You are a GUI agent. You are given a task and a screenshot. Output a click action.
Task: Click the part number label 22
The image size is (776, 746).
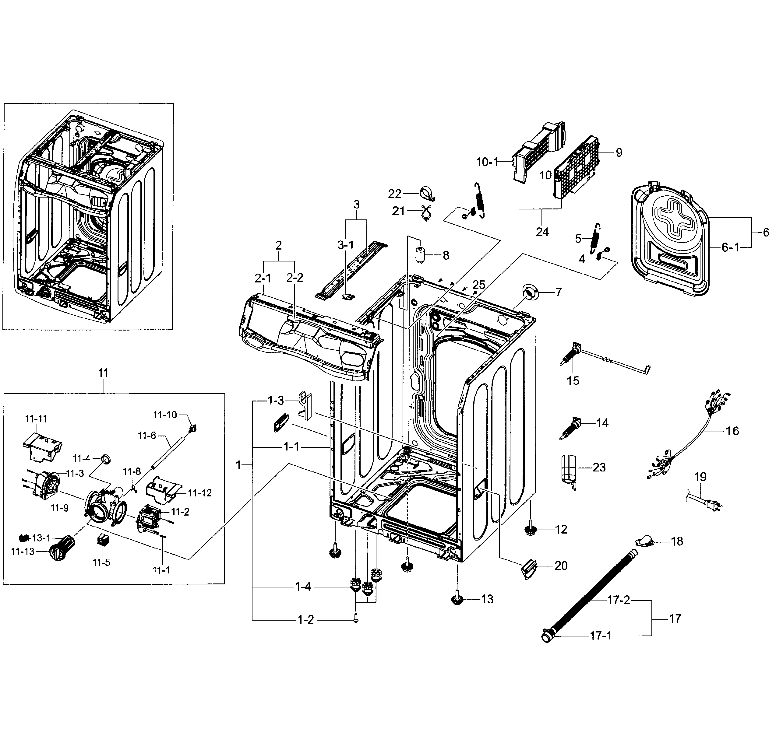point(395,194)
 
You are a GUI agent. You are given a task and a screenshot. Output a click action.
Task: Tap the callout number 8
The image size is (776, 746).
point(446,256)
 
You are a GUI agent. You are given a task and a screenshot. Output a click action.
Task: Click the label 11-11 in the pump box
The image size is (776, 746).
point(36,419)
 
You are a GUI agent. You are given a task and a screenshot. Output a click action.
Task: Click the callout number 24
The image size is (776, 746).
point(542,232)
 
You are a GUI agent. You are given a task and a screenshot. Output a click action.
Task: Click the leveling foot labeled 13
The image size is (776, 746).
point(458,600)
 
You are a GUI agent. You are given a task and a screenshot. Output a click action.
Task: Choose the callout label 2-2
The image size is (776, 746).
point(295,278)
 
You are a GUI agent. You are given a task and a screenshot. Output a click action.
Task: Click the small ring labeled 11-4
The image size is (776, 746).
point(105,459)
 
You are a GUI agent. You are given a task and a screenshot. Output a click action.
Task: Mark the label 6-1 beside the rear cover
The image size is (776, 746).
point(730,248)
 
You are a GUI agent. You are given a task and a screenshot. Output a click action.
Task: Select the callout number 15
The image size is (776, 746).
point(573,381)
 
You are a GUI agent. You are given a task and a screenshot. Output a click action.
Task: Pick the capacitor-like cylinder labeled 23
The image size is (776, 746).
point(569,471)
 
